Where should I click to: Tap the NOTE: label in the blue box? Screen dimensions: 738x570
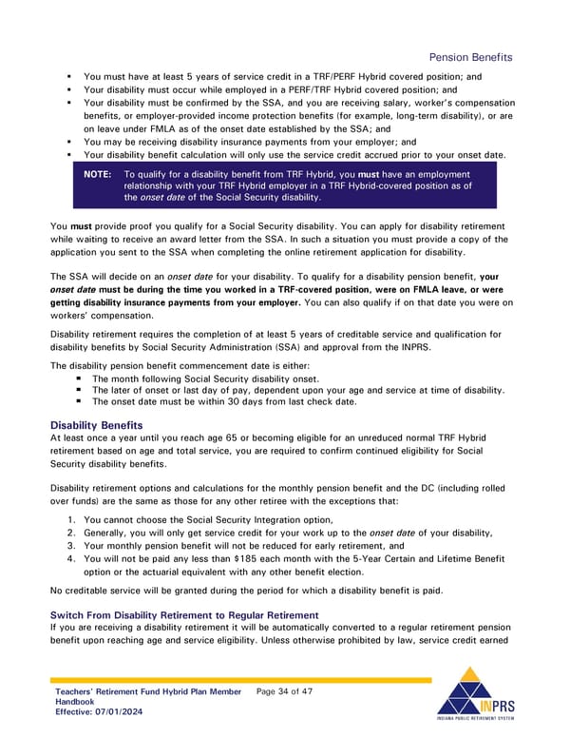tap(97, 175)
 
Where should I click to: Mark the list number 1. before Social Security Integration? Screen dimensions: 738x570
tap(72, 520)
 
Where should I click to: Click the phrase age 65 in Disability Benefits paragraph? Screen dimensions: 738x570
tap(198, 437)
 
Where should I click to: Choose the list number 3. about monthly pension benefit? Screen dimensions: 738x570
tap(72, 547)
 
